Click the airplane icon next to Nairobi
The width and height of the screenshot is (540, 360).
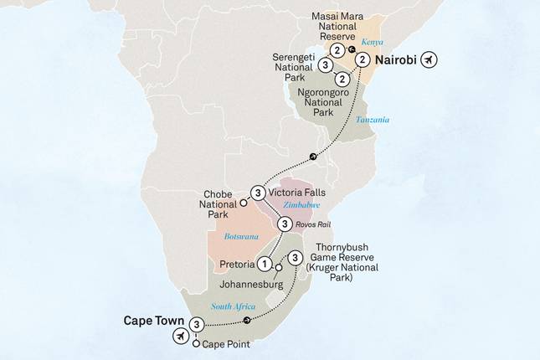coord(430,60)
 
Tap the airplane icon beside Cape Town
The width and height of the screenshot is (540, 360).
coord(179,335)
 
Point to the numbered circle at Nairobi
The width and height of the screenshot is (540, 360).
coord(362,60)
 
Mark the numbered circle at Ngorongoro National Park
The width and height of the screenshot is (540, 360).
coord(347,81)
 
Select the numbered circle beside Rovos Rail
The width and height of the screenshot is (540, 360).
coord(285,224)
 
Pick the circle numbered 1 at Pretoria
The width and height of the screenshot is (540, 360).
coord(265,264)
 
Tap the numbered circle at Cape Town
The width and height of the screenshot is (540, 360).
coord(197,325)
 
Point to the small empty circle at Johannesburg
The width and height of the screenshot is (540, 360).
coord(278,268)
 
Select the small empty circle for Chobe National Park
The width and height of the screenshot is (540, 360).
coord(244,203)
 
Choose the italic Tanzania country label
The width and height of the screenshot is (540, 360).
coord(373,120)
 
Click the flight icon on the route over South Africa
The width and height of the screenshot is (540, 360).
coord(246,320)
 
